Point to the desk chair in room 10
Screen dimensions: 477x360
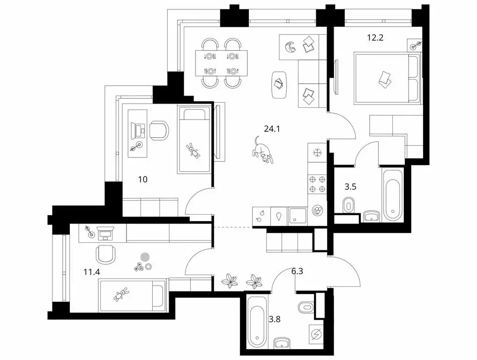pyautogui.click(x=158, y=130)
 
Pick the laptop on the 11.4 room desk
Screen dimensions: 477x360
pyautogui.click(x=104, y=232)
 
